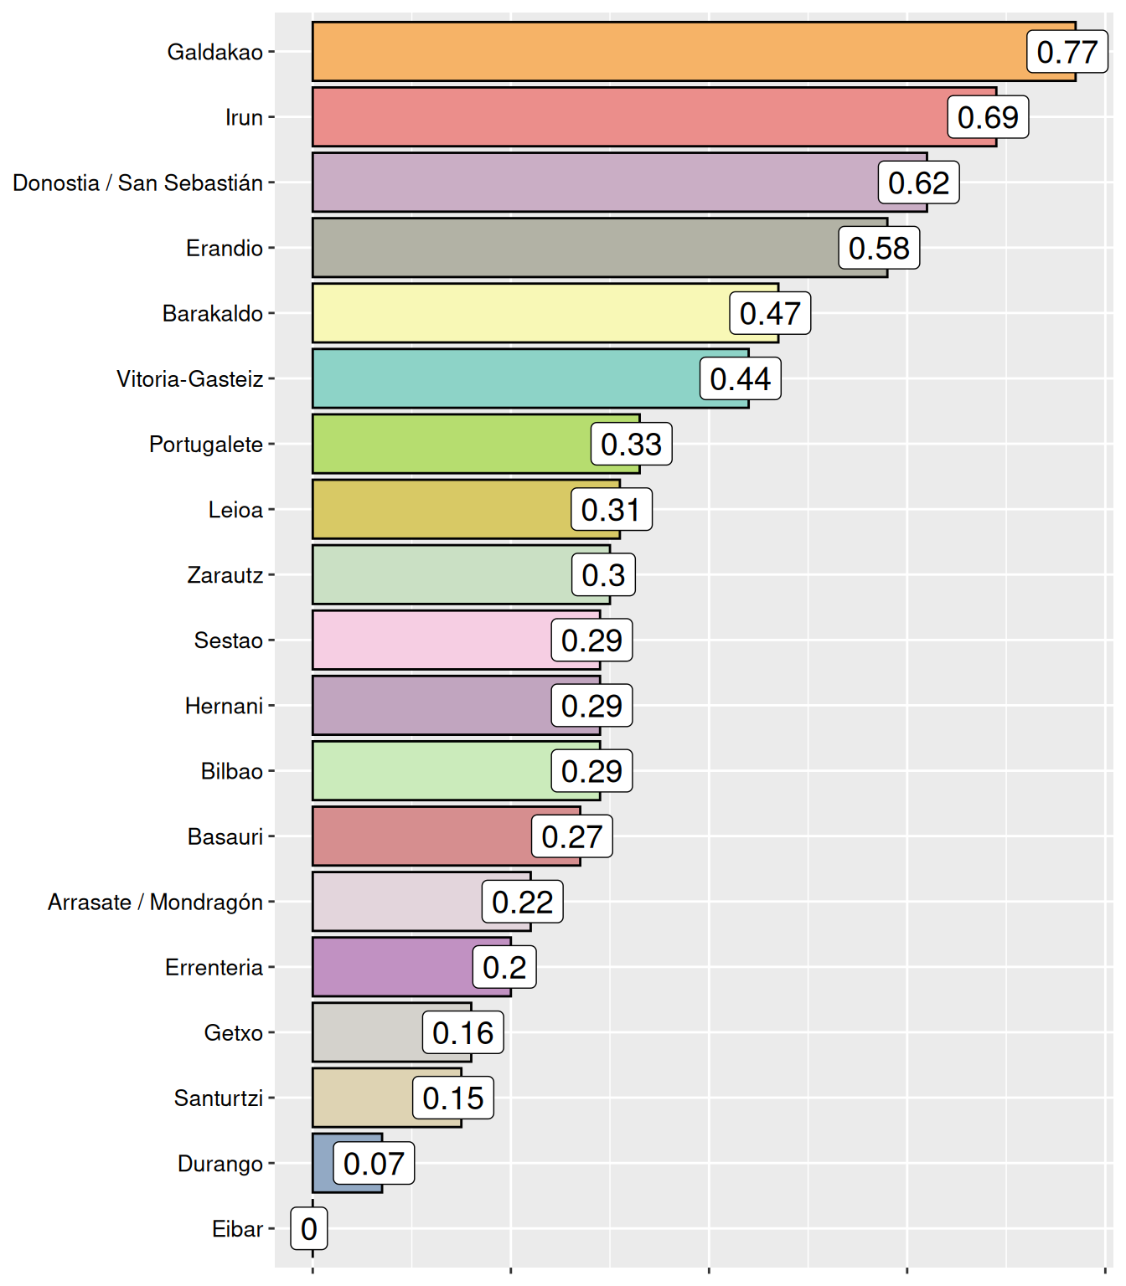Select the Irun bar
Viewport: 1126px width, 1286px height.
pyautogui.click(x=628, y=117)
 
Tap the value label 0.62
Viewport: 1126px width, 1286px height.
pyautogui.click(x=918, y=183)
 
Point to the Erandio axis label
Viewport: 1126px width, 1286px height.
pyautogui.click(x=224, y=249)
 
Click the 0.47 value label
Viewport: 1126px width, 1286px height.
pyautogui.click(x=770, y=313)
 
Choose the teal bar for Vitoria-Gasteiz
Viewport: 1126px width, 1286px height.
pyautogui.click(x=503, y=378)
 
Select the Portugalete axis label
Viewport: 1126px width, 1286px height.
pyautogui.click(x=205, y=445)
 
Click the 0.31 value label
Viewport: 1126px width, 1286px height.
pyautogui.click(x=611, y=510)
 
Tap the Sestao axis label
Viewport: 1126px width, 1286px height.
pyautogui.click(x=228, y=640)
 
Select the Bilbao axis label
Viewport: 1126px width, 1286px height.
pyautogui.click(x=231, y=771)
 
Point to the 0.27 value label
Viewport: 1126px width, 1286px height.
pyautogui.click(x=571, y=836)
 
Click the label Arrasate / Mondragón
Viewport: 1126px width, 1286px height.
pyautogui.click(x=155, y=903)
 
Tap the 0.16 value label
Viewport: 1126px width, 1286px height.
pyautogui.click(x=462, y=1032)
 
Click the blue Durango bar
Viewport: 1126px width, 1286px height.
pyautogui.click(x=323, y=1164)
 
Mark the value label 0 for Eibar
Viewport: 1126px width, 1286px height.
pyautogui.click(x=308, y=1229)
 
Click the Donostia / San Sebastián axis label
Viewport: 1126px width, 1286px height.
pyautogui.click(x=137, y=183)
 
